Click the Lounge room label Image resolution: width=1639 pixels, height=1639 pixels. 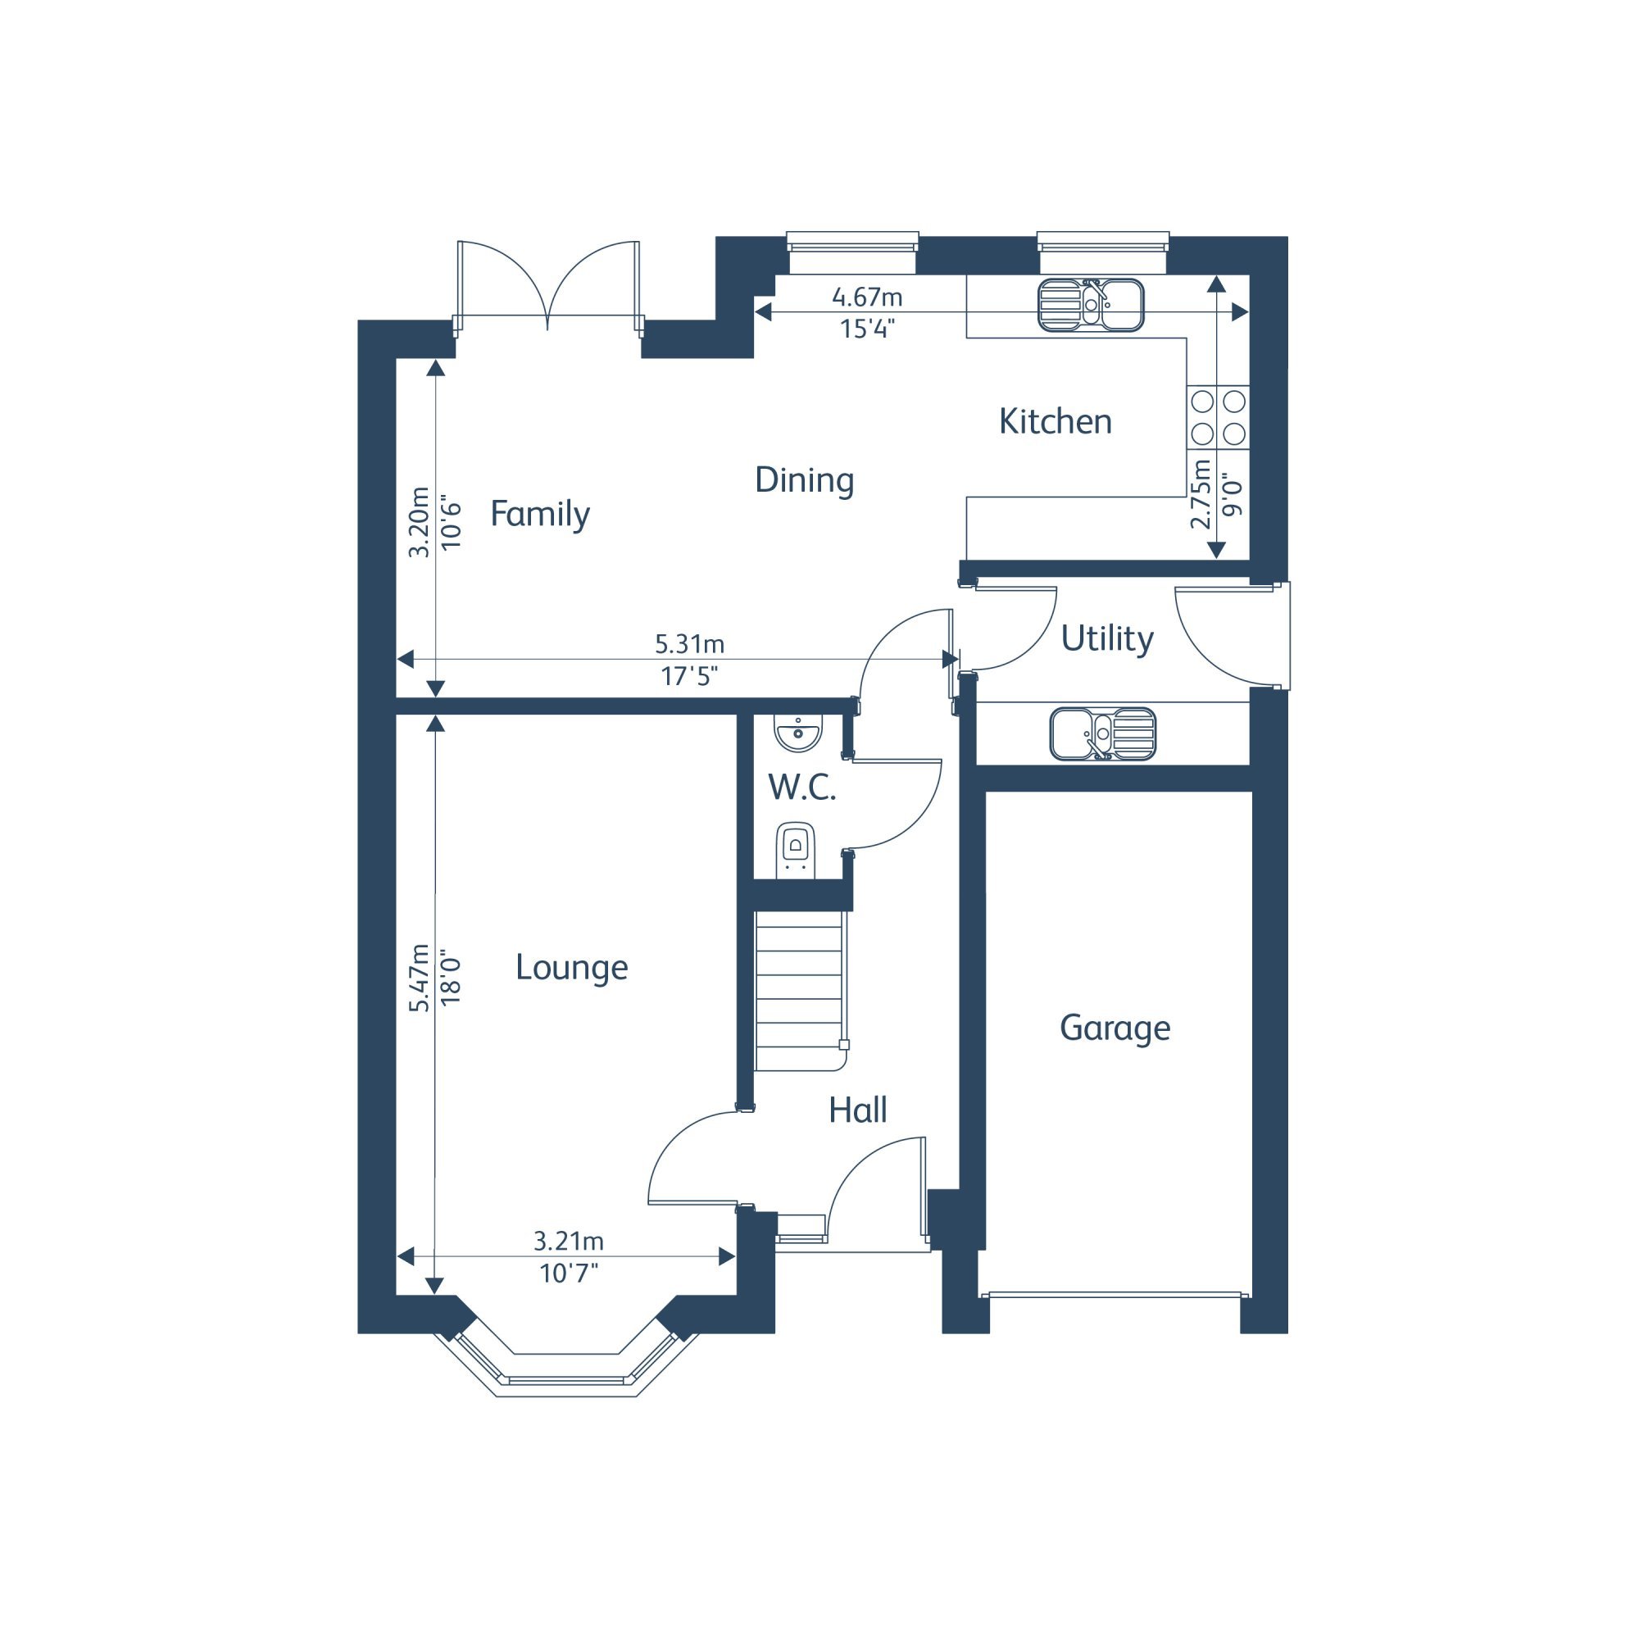tap(572, 968)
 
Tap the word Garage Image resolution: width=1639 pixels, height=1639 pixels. tap(1115, 1028)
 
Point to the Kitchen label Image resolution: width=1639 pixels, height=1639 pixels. tap(1056, 421)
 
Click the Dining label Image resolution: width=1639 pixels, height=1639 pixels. tap(804, 481)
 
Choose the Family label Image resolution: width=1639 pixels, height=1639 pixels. tap(539, 515)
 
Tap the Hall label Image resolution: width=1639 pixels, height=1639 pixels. tap(858, 1110)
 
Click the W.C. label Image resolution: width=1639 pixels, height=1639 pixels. tap(801, 788)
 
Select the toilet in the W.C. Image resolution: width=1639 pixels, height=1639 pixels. tap(796, 850)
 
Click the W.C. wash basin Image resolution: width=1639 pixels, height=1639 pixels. tap(797, 733)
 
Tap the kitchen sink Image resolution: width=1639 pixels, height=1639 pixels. tap(1091, 305)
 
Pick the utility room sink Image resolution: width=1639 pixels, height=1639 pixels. tap(1103, 733)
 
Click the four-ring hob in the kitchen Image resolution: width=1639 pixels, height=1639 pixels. tap(1219, 417)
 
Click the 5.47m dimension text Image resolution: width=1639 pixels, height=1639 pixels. tap(419, 978)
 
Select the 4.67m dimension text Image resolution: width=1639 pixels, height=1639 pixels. tap(867, 297)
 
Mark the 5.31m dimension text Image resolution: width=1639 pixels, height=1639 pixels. tap(689, 645)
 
